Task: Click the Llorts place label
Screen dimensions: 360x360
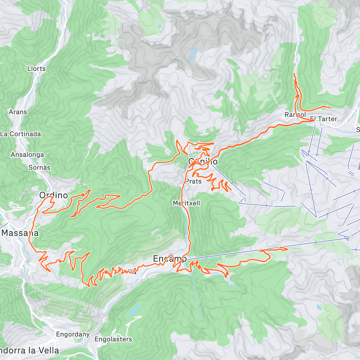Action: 36,69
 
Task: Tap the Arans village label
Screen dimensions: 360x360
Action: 18,112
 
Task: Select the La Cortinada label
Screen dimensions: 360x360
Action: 20,134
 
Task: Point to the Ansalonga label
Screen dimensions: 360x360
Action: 27,155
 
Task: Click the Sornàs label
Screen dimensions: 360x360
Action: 39,168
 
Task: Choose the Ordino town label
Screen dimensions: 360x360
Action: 53,195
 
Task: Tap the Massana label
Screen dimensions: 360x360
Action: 20,233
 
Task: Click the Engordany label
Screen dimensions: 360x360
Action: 73,334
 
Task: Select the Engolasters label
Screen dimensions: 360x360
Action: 113,339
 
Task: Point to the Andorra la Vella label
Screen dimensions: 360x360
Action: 29,350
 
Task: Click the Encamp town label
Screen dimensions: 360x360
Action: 169,259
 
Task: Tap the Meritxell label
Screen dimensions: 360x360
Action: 186,203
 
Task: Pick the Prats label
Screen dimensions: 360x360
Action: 193,181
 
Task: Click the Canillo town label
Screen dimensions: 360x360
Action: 203,162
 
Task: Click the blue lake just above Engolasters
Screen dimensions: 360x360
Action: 135,309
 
